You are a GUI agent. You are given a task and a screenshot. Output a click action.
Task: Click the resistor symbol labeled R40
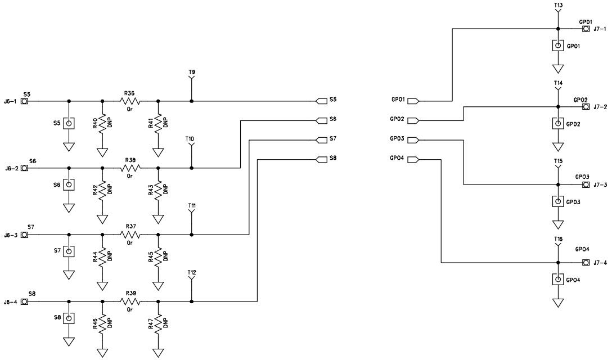[102, 123]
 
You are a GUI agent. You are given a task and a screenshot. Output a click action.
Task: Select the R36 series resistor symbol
[130, 101]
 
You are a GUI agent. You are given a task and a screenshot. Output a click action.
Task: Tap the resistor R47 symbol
[159, 323]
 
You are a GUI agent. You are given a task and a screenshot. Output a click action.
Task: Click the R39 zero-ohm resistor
[130, 301]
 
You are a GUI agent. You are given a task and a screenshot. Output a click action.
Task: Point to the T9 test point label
[192, 73]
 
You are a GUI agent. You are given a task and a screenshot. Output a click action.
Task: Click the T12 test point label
[192, 273]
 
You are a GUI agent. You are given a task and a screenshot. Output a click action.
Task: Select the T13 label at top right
[558, 5]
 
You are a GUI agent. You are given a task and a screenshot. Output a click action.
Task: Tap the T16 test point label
[558, 239]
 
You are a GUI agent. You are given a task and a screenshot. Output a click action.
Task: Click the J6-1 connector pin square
[24, 101]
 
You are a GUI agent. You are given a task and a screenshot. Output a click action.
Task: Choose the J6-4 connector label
[11, 301]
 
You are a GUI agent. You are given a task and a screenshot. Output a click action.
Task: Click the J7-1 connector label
[600, 29]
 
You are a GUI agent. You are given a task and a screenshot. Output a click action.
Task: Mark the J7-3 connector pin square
[586, 184]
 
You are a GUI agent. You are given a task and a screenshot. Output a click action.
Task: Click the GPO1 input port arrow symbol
[412, 101]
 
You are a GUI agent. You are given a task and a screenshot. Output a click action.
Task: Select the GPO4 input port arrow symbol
[412, 159]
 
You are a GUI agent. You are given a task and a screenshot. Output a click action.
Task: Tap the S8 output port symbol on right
[322, 159]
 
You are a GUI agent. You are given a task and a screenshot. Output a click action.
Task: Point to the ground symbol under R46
[102, 352]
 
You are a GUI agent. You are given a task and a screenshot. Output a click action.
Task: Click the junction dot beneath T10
[192, 168]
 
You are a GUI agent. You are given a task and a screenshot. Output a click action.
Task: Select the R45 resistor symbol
[159, 256]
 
